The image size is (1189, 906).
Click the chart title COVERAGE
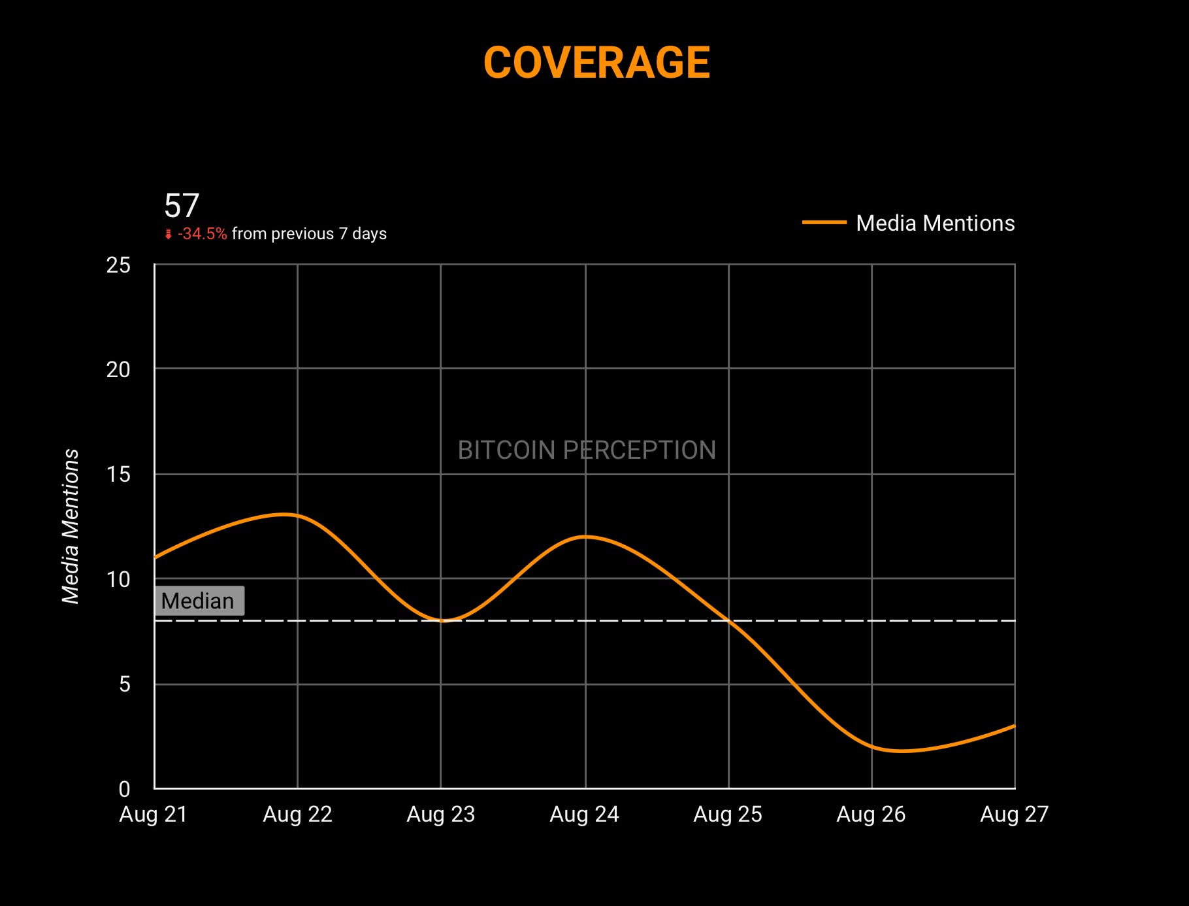[596, 63]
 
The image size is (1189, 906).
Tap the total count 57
[181, 206]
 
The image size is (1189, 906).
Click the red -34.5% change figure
[202, 234]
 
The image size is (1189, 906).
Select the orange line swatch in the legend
[824, 223]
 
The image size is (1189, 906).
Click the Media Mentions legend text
[935, 223]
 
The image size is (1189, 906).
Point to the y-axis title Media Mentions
[71, 526]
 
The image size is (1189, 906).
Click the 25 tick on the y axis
[118, 265]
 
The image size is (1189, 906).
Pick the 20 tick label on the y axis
[118, 370]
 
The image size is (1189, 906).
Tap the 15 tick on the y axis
[118, 475]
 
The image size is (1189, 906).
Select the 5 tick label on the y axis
[124, 684]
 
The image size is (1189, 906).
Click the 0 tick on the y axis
[124, 789]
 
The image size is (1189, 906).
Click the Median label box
[199, 601]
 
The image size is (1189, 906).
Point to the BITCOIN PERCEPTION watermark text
[587, 450]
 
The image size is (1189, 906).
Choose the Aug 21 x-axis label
[154, 814]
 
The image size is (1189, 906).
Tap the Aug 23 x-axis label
[441, 814]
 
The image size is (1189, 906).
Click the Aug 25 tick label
[728, 814]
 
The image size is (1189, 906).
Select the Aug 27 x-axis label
[1014, 814]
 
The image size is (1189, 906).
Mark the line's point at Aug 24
[585, 537]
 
